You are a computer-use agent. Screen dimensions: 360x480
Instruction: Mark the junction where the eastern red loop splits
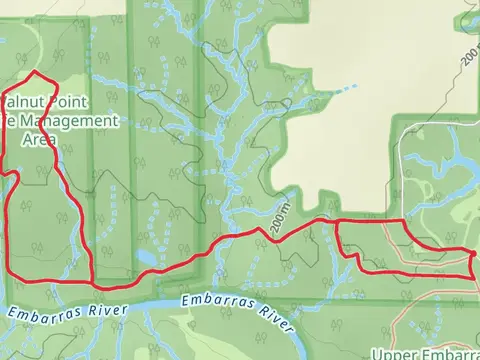click(x=335, y=219)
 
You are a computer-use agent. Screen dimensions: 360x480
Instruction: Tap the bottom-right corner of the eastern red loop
click(x=471, y=273)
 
